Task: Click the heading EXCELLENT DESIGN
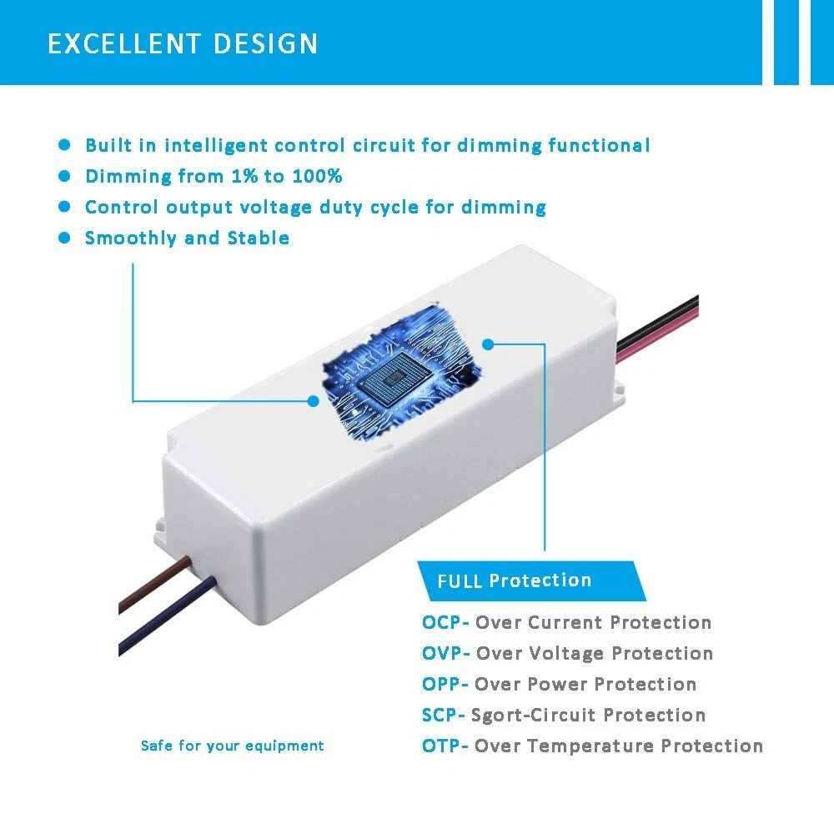(183, 43)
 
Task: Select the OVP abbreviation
(443, 653)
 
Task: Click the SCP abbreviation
(440, 715)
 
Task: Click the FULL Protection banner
(515, 580)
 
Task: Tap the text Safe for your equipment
(232, 746)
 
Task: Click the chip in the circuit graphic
(392, 377)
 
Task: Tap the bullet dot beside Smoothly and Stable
(64, 238)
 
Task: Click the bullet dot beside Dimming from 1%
(64, 176)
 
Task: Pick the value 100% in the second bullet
(316, 176)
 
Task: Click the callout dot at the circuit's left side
(314, 400)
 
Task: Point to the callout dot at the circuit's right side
(489, 343)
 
